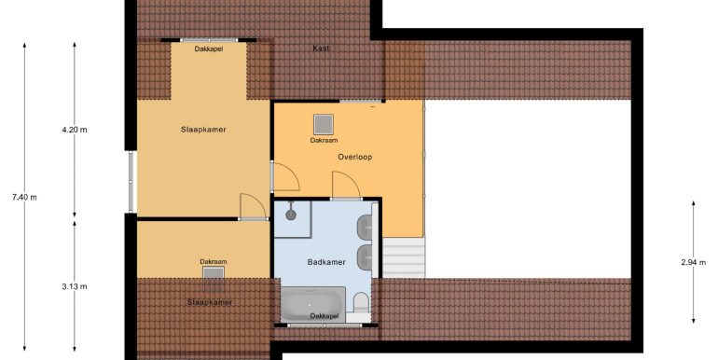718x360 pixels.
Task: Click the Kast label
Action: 321,48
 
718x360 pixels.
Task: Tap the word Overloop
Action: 355,157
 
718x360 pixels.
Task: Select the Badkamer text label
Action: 326,262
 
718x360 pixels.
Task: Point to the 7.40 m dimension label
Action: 25,198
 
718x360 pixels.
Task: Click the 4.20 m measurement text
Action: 75,130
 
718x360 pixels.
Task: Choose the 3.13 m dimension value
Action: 75,286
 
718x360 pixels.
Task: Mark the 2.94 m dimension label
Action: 693,262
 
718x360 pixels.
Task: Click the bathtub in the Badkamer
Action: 312,304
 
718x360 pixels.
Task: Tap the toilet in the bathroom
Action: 361,303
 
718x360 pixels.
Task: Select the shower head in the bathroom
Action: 291,214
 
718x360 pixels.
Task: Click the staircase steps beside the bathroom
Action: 404,257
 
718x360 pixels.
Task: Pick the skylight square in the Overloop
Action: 324,125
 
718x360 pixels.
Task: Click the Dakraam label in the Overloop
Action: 324,140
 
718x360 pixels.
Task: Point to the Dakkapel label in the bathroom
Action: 324,316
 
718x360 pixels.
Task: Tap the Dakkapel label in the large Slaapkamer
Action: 209,48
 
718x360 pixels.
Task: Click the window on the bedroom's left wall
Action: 131,182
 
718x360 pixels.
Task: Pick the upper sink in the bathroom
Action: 365,226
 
